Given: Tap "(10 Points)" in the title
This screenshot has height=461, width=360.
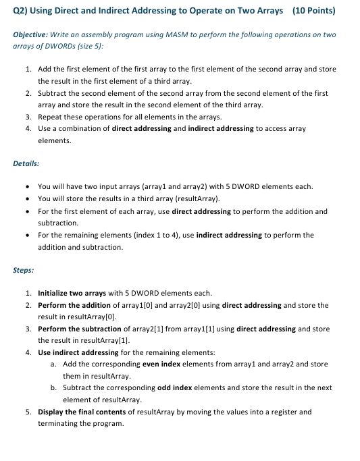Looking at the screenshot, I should pos(313,11).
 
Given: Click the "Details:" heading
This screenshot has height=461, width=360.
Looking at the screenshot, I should pos(26,163).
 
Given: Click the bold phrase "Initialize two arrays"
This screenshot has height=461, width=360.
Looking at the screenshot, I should pos(72,293).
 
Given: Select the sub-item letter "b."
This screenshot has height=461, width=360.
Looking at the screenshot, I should pos(53,387).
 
